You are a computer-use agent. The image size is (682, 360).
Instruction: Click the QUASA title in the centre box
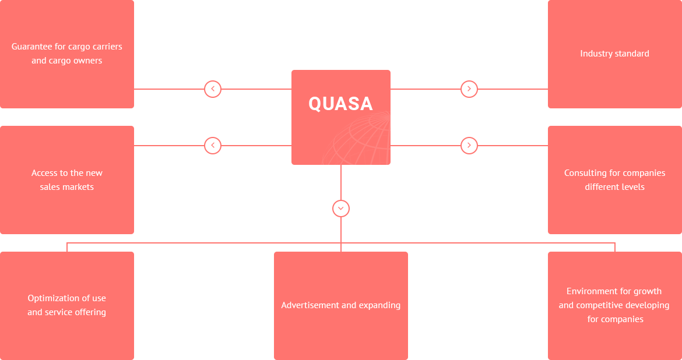340,104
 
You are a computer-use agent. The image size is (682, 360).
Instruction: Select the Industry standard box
614,54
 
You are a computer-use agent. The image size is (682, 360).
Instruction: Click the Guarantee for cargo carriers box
66,54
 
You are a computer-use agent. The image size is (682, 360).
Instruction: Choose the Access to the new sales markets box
66,180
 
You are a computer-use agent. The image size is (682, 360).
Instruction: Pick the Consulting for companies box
614,180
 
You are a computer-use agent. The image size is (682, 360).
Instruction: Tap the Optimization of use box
66,305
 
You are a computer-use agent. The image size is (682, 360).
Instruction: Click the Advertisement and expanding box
340,305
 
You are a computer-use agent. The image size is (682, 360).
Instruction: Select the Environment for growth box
614,305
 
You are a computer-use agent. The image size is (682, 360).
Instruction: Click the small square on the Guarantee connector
212,89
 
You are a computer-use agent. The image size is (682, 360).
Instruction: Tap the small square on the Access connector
212,146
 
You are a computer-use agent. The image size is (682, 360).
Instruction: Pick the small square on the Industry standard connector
469,89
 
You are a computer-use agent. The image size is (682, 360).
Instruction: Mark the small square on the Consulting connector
469,146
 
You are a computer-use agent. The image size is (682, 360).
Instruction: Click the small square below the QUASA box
341,209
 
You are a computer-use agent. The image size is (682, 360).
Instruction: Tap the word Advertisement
307,305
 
